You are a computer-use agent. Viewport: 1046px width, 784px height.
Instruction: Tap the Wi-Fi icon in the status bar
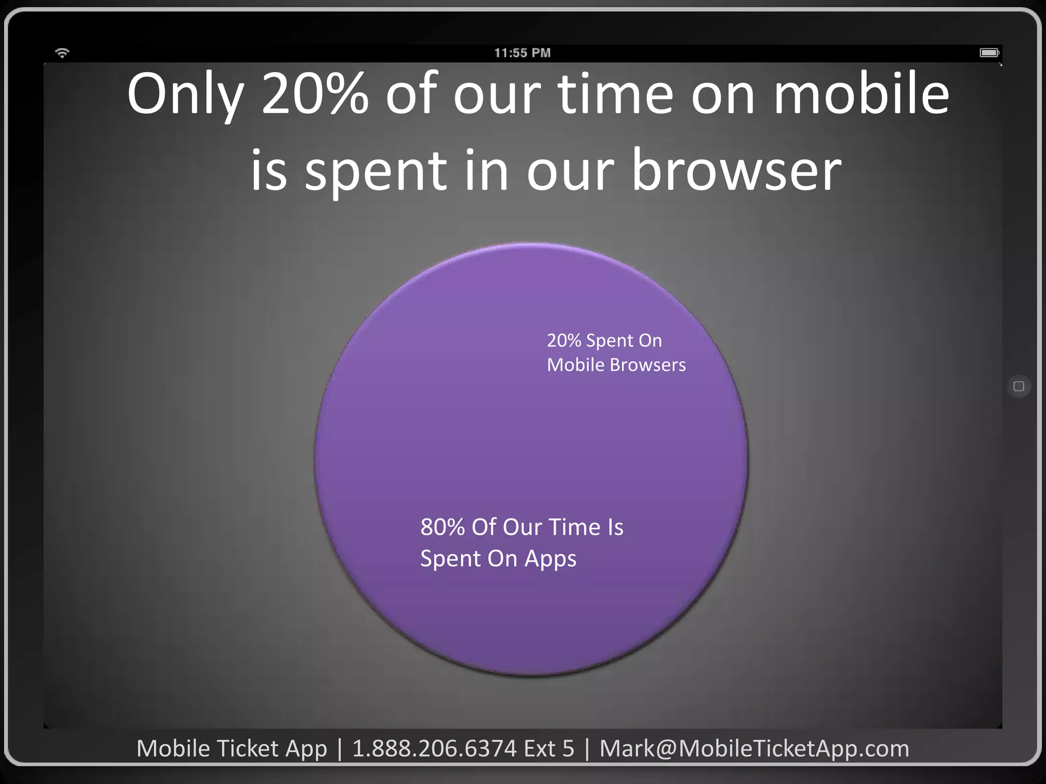[62, 53]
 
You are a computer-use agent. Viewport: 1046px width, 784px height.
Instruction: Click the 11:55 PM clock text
[522, 53]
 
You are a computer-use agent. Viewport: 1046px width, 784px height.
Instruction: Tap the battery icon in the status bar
[989, 53]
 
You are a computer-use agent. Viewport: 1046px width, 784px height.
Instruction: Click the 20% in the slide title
[315, 94]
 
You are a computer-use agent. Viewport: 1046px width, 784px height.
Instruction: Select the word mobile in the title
[862, 94]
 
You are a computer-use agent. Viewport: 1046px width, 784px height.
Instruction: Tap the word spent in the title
[376, 171]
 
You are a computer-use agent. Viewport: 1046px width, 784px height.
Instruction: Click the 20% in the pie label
[564, 340]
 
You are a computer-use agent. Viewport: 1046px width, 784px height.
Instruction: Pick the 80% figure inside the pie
[442, 527]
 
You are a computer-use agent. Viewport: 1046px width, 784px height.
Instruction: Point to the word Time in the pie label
[574, 527]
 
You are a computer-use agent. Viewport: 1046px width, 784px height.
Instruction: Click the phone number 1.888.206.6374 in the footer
[434, 749]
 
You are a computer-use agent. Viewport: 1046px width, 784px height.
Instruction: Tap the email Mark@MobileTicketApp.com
[754, 749]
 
